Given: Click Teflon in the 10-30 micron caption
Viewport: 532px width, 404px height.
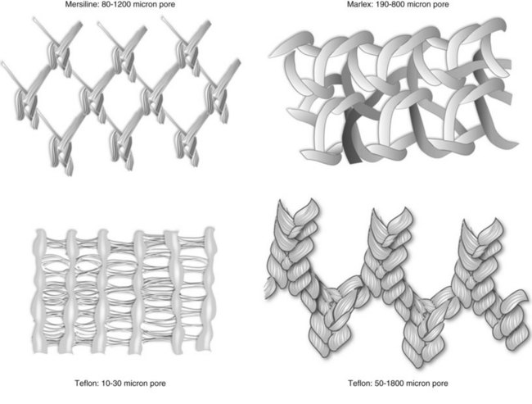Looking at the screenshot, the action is (x=87, y=384).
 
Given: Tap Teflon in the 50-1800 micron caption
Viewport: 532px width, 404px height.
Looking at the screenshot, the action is (x=359, y=384).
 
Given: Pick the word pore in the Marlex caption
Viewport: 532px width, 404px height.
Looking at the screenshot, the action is (x=440, y=4).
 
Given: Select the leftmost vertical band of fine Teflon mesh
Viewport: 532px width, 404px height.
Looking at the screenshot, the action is (x=39, y=292).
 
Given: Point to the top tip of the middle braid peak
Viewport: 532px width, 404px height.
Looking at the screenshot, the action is (x=373, y=210).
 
